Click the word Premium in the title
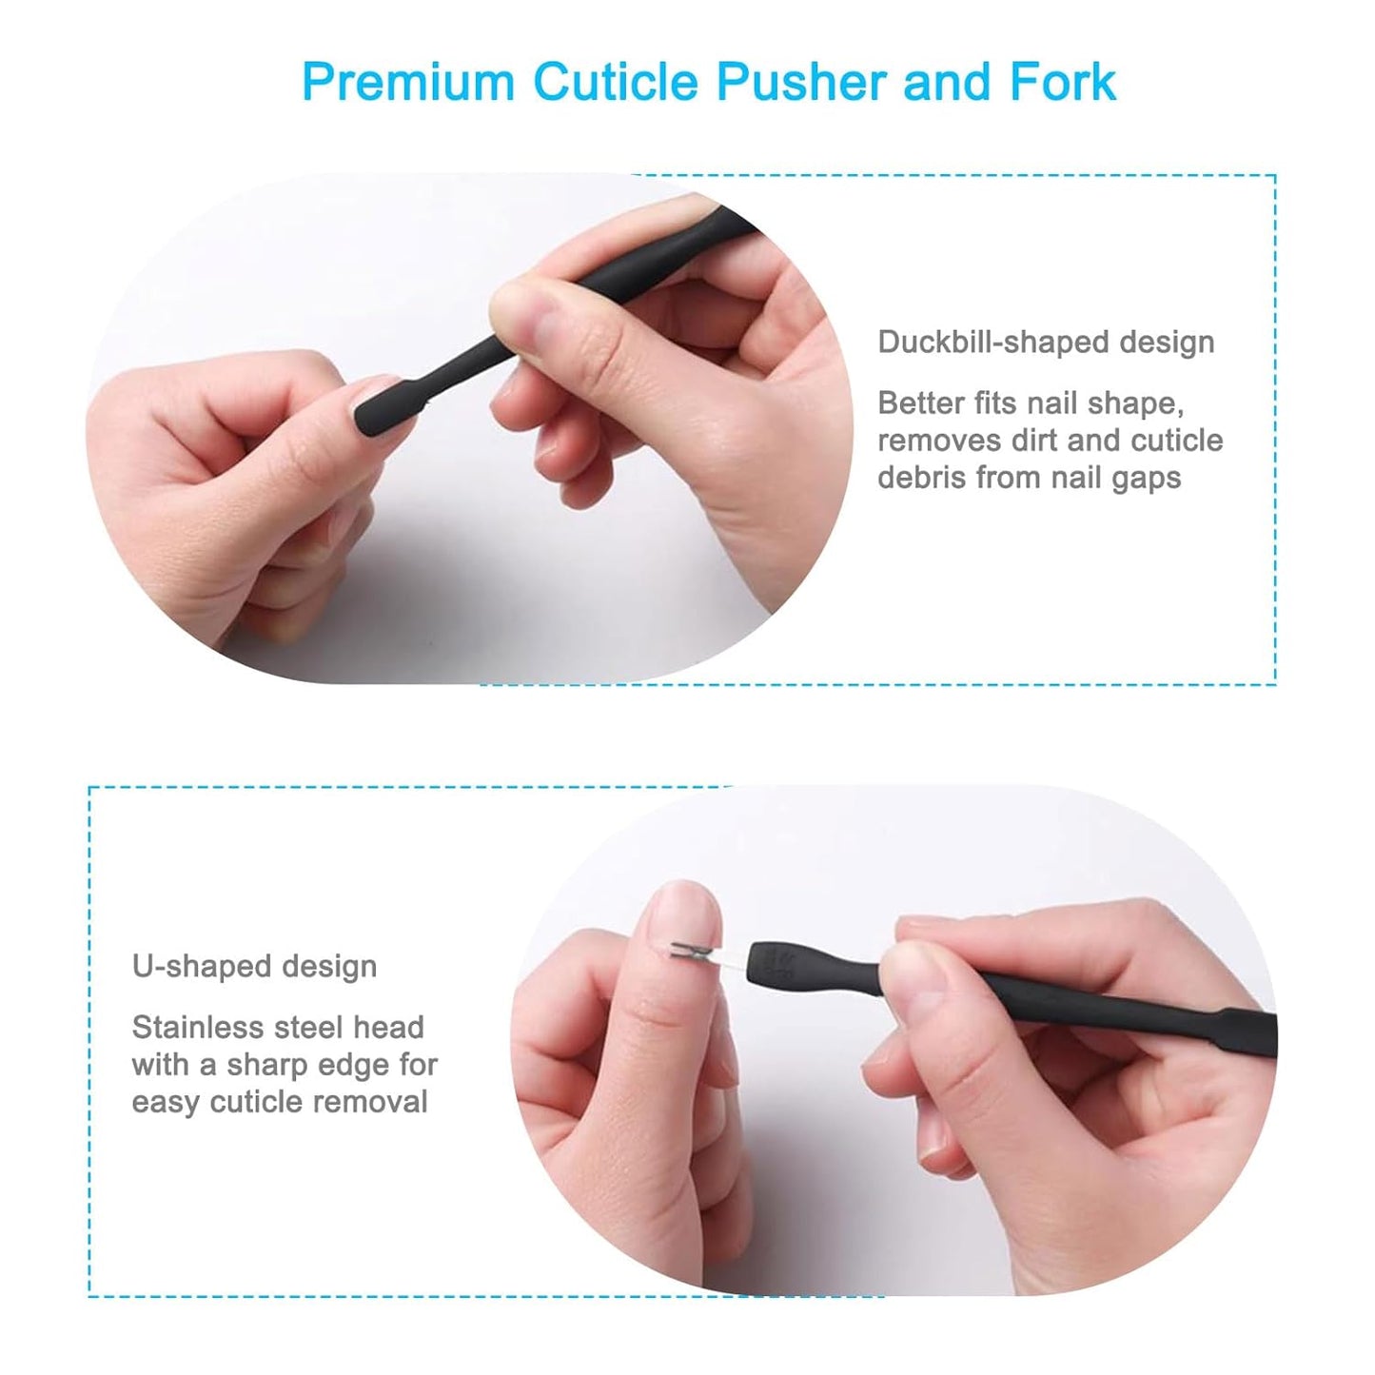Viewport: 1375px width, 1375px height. [407, 82]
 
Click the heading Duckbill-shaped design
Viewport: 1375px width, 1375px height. [1045, 342]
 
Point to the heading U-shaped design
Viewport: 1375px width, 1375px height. [254, 966]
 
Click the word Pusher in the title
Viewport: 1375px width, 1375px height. [800, 82]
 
